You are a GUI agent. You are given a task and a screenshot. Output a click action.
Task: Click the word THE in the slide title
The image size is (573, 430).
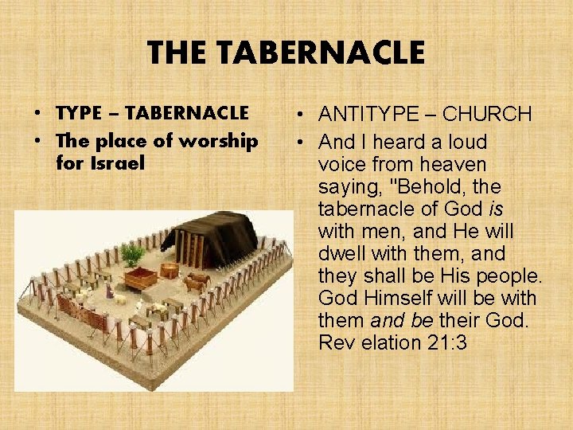coord(177,53)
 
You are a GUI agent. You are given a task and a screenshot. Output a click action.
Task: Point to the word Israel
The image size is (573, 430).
coord(117,163)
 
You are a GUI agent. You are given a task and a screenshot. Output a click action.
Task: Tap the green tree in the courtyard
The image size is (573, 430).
coord(133,255)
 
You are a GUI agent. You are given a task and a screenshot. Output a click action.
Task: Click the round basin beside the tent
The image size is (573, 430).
coord(169,270)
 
